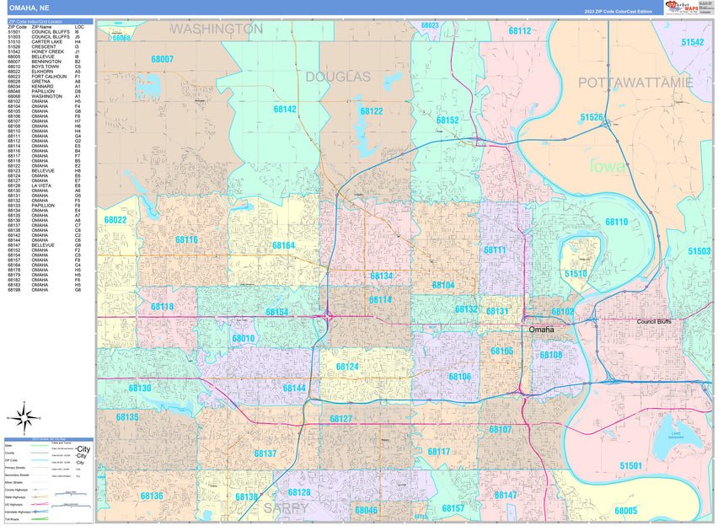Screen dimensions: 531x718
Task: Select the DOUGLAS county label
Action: click(x=337, y=77)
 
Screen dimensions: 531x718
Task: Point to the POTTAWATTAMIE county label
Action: click(x=635, y=82)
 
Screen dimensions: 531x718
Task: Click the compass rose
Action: click(x=25, y=416)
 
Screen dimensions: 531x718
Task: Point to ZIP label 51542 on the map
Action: click(x=693, y=41)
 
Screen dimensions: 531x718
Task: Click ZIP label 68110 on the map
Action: click(x=616, y=221)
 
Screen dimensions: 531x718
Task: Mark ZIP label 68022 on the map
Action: click(x=115, y=220)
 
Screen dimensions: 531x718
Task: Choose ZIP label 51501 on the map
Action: click(x=630, y=465)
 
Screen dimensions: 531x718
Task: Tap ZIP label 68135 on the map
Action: click(x=127, y=417)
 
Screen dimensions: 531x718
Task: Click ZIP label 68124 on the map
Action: click(x=347, y=367)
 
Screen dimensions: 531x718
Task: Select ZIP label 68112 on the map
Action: click(x=520, y=30)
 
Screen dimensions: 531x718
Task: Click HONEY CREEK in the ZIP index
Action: click(x=48, y=51)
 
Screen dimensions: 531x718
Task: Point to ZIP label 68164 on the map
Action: click(x=284, y=245)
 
